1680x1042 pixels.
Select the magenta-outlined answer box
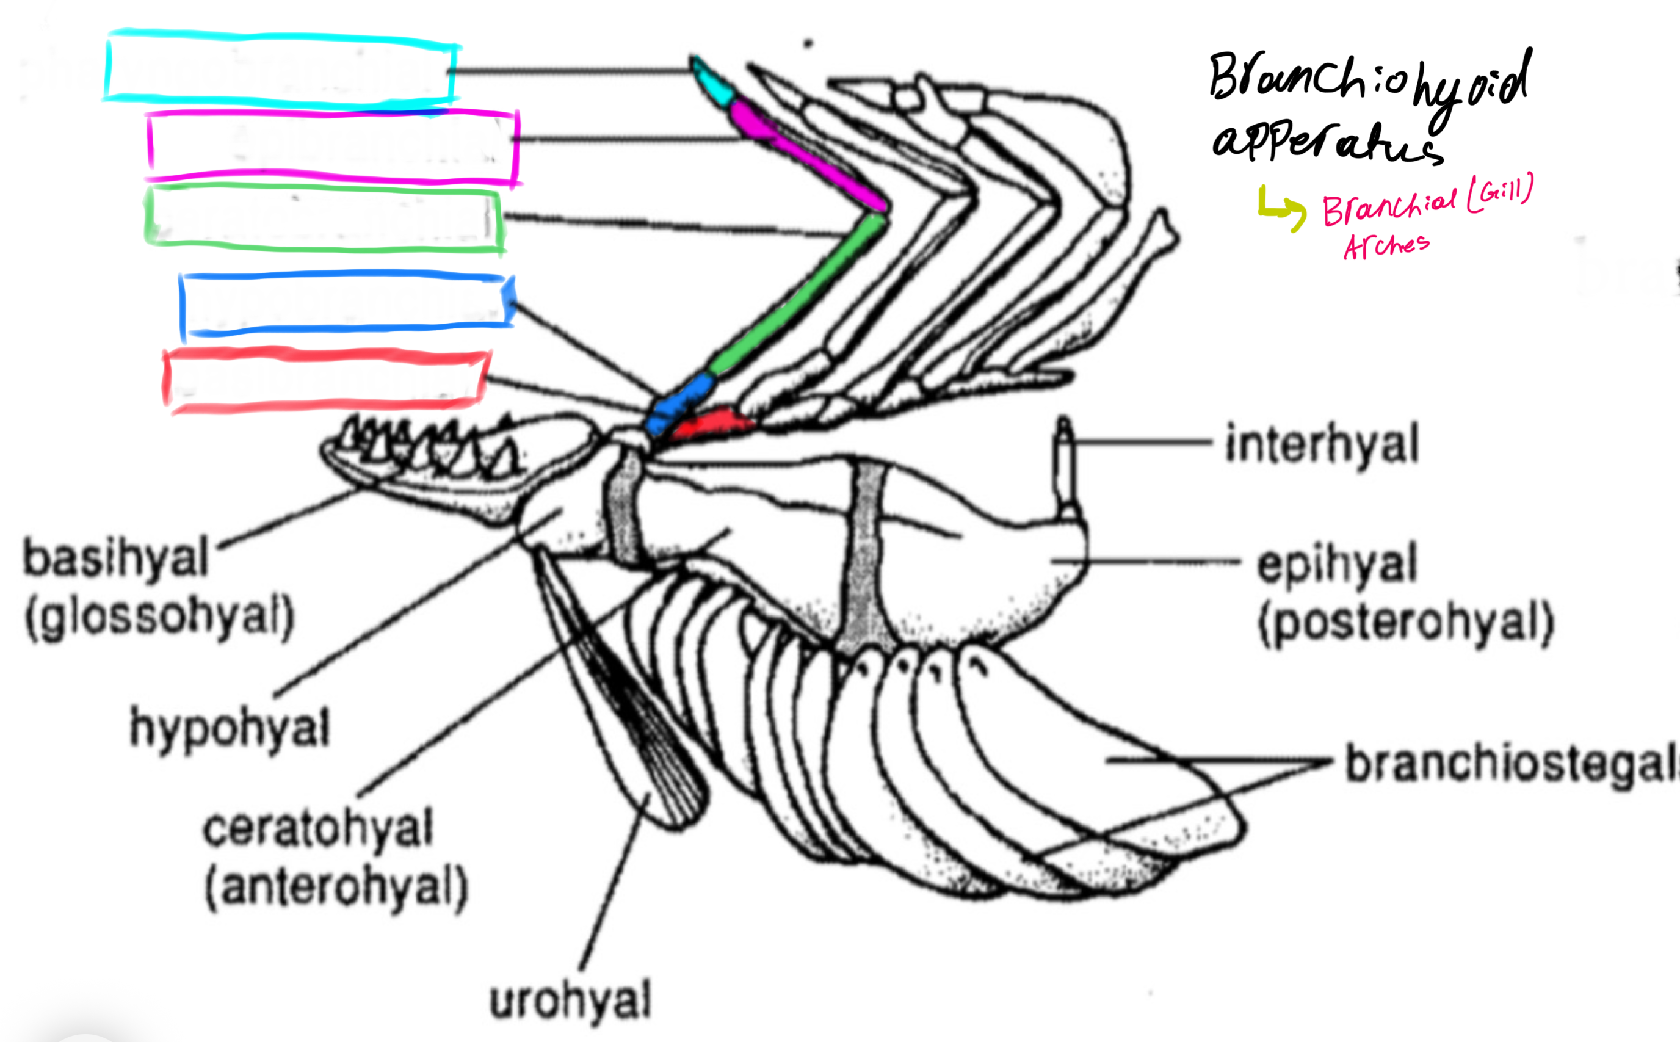tap(332, 146)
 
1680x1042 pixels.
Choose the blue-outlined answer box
tap(346, 303)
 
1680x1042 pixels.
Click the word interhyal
tap(1322, 444)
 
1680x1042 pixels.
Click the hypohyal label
tap(230, 728)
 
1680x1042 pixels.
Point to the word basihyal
tap(115, 558)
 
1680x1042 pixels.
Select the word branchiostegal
tap(1509, 764)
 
